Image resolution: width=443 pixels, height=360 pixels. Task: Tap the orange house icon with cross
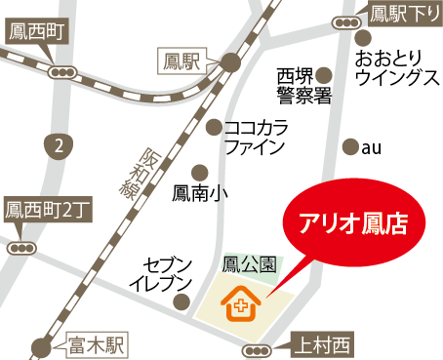coord(239,305)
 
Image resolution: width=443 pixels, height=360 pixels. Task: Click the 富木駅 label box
coord(99,343)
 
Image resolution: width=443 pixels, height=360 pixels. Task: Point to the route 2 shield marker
coord(60,146)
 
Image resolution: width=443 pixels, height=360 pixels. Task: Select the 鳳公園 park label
coord(250,264)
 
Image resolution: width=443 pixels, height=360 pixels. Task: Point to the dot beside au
coord(350,147)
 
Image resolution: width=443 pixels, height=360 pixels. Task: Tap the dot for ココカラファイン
coord(215,127)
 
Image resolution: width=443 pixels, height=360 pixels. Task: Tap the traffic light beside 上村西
coord(257,349)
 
